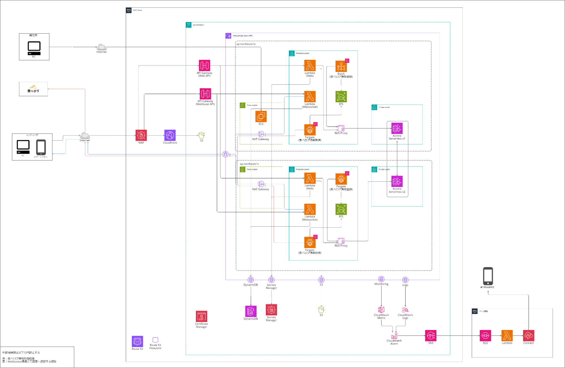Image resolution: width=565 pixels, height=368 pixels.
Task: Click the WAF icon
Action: pyautogui.click(x=141, y=135)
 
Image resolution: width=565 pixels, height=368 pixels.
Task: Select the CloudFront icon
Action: pyautogui.click(x=170, y=135)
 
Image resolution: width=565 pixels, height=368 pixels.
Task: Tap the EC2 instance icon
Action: pyautogui.click(x=261, y=116)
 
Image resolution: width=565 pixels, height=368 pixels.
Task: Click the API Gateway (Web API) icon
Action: pyautogui.click(x=204, y=66)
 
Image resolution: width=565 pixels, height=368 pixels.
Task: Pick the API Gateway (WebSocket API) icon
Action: pyautogui.click(x=205, y=94)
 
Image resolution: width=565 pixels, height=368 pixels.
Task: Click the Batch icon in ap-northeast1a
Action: pyautogui.click(x=341, y=66)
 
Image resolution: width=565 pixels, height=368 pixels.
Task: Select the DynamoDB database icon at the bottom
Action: pyautogui.click(x=251, y=311)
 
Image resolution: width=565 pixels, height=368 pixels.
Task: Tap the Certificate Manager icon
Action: pyautogui.click(x=201, y=316)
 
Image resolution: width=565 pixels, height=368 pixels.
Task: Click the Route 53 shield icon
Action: pyautogui.click(x=137, y=341)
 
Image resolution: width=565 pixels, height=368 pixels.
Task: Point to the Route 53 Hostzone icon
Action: pyautogui.click(x=155, y=340)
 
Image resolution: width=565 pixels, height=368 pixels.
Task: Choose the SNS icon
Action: pyautogui.click(x=430, y=336)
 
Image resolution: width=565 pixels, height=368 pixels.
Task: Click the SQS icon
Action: pyautogui.click(x=485, y=336)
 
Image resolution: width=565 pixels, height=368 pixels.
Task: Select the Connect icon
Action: pyautogui.click(x=528, y=336)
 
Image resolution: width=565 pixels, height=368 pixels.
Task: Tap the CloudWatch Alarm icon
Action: pyautogui.click(x=394, y=336)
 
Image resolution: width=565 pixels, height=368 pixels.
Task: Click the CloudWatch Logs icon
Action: pyautogui.click(x=405, y=310)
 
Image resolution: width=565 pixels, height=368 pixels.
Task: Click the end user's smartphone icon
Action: pyautogui.click(x=41, y=147)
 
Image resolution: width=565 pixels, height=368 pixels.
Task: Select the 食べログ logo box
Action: pyautogui.click(x=33, y=89)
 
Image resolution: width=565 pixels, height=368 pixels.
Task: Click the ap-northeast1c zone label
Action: pyautogui.click(x=249, y=164)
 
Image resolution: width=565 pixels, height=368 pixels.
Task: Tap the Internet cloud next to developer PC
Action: pyautogui.click(x=101, y=47)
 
